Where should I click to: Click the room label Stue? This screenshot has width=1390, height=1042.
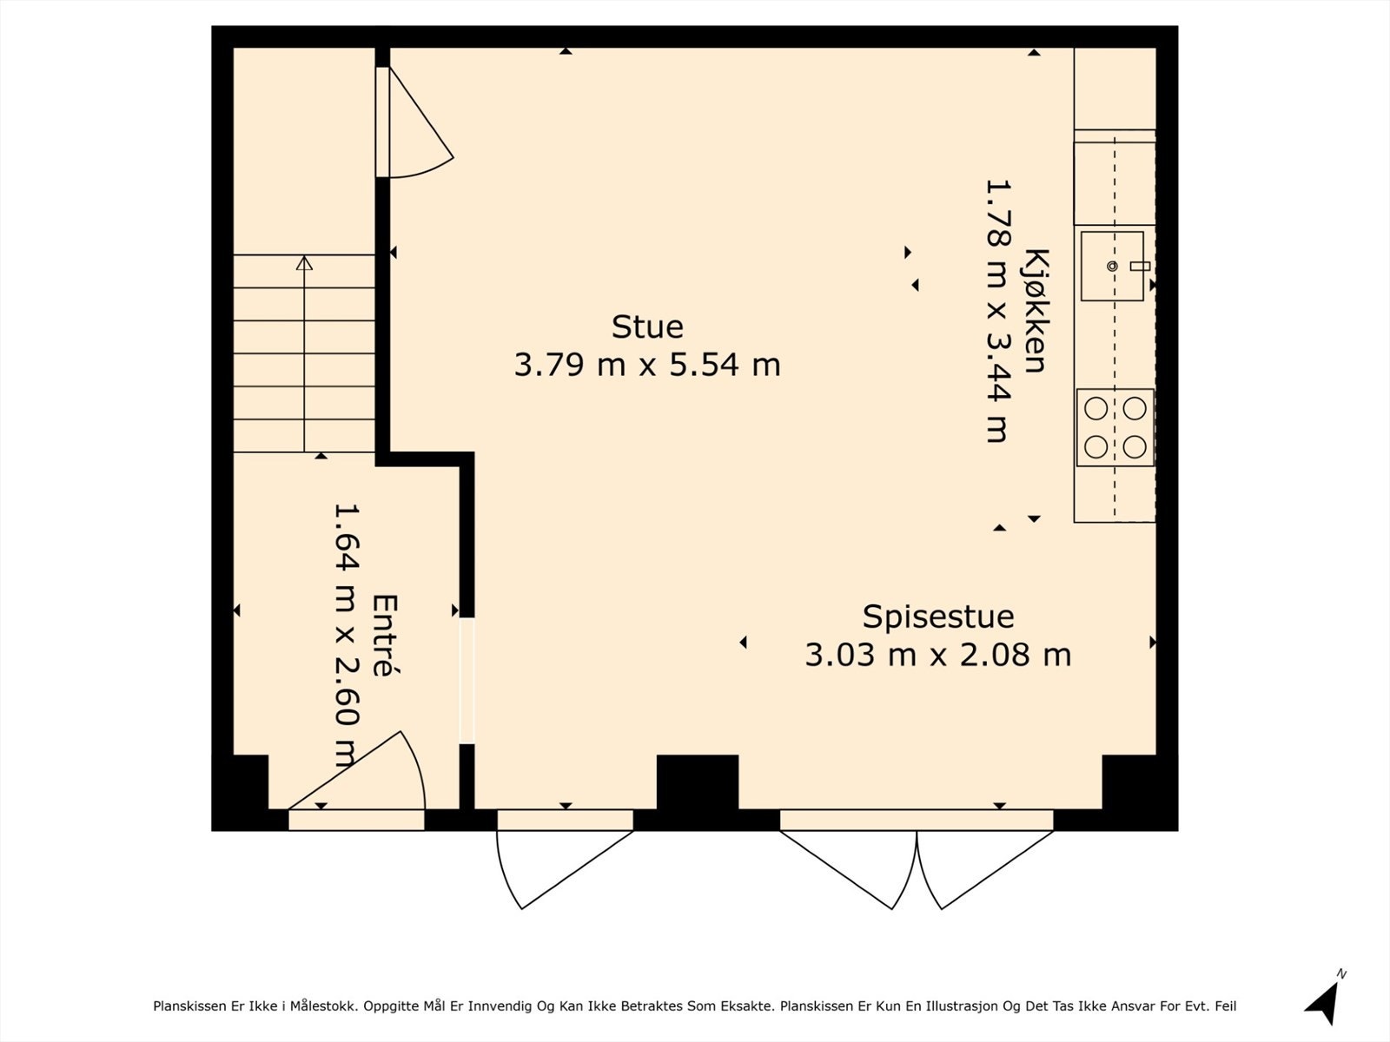tap(647, 327)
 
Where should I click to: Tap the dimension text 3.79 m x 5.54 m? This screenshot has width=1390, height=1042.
tap(647, 365)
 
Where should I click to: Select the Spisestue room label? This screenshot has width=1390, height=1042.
tap(938, 617)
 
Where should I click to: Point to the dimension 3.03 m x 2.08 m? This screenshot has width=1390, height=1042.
tap(938, 655)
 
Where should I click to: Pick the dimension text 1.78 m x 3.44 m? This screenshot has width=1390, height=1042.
tap(998, 311)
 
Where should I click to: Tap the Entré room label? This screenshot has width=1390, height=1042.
tap(384, 636)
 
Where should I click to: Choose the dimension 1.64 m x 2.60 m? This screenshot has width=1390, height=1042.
tap(347, 636)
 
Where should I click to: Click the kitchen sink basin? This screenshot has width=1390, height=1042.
tap(1112, 266)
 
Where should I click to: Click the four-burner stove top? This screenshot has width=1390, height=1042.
tap(1115, 428)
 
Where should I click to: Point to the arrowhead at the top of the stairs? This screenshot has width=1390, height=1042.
tap(305, 262)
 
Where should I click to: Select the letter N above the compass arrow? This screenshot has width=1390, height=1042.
tap(1341, 974)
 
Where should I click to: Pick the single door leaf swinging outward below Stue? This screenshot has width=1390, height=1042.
tap(564, 870)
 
